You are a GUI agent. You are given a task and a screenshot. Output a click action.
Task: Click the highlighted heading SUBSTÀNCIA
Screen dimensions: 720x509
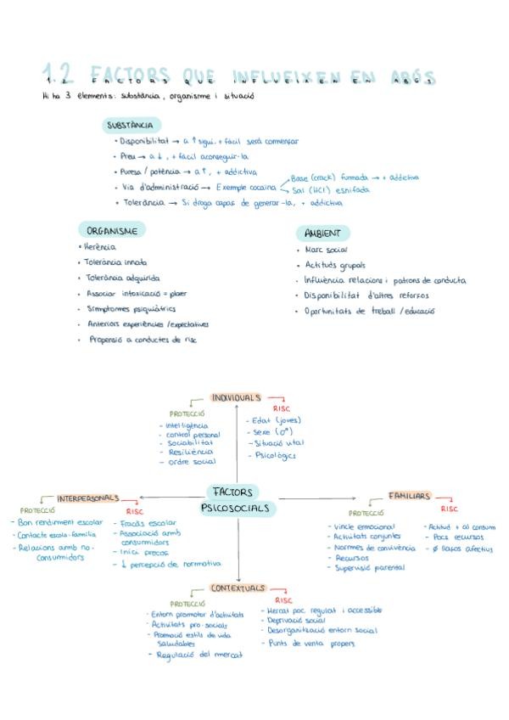coord(130,125)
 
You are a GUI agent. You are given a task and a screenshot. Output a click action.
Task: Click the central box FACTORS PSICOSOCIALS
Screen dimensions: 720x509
coord(238,499)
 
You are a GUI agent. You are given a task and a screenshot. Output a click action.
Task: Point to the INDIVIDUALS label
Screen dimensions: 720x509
coord(236,397)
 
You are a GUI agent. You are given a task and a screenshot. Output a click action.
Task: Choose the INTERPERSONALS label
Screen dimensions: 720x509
coord(88,498)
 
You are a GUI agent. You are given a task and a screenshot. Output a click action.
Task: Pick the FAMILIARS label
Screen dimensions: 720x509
coord(410,495)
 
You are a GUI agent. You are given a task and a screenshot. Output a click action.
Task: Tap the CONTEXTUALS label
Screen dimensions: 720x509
coord(238,588)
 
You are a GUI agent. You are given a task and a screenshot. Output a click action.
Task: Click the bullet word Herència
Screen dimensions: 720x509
coord(100,247)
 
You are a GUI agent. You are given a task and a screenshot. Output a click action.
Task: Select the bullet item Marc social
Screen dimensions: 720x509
coord(327,250)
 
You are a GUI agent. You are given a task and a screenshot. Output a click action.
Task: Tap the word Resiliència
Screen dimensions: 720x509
coord(189,453)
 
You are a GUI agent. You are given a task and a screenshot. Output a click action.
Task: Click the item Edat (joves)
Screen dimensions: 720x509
coord(277,419)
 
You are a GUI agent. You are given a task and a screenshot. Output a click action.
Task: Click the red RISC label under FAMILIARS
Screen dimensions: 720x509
coord(449,509)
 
